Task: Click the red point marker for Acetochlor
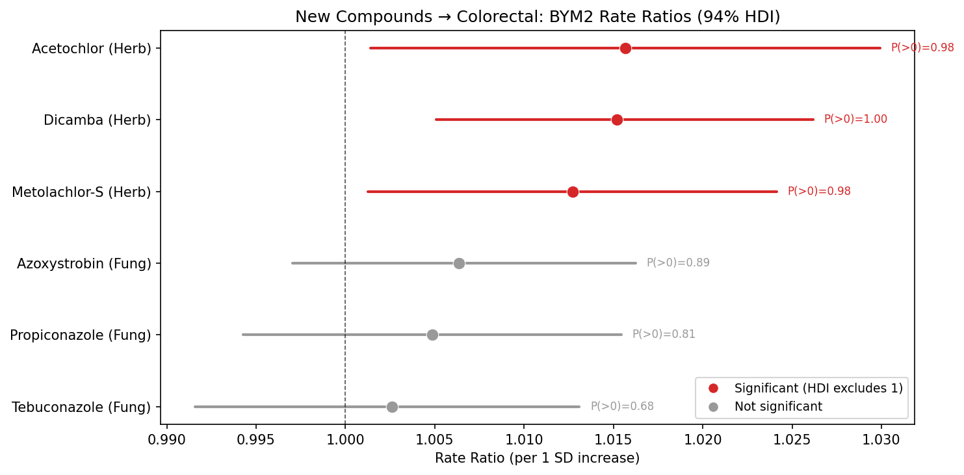pyautogui.click(x=625, y=48)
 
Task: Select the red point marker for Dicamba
pyautogui.click(x=617, y=120)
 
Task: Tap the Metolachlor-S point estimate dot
pyautogui.click(x=573, y=192)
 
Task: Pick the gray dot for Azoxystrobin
pyautogui.click(x=459, y=263)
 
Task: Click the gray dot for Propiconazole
pyautogui.click(x=432, y=335)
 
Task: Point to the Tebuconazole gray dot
pyautogui.click(x=392, y=407)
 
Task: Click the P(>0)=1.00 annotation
pyautogui.click(x=855, y=120)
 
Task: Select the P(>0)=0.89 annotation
pyautogui.click(x=677, y=263)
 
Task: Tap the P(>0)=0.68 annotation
pyautogui.click(x=621, y=407)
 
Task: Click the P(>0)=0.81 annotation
pyautogui.click(x=663, y=335)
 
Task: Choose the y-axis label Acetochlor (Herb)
pyautogui.click(x=91, y=48)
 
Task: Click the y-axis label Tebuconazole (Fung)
pyautogui.click(x=81, y=407)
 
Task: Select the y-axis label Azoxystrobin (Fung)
pyautogui.click(x=84, y=264)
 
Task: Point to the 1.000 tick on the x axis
pyautogui.click(x=345, y=439)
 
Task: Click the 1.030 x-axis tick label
pyautogui.click(x=881, y=439)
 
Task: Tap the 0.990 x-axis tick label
pyautogui.click(x=166, y=439)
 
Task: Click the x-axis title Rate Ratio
pyautogui.click(x=537, y=459)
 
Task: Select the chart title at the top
pyautogui.click(x=537, y=17)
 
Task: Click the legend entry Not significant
pyautogui.click(x=777, y=407)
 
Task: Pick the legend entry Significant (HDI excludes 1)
pyautogui.click(x=818, y=388)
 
